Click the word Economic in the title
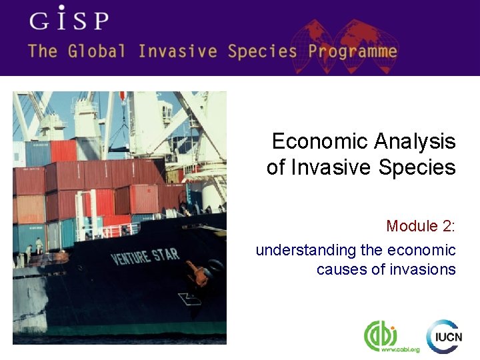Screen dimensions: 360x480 pos(320,141)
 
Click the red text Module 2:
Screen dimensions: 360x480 pos(421,226)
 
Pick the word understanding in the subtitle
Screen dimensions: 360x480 pos(306,250)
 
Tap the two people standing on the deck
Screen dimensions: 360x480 pos(33,249)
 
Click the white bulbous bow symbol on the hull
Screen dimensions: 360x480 pos(189,299)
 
